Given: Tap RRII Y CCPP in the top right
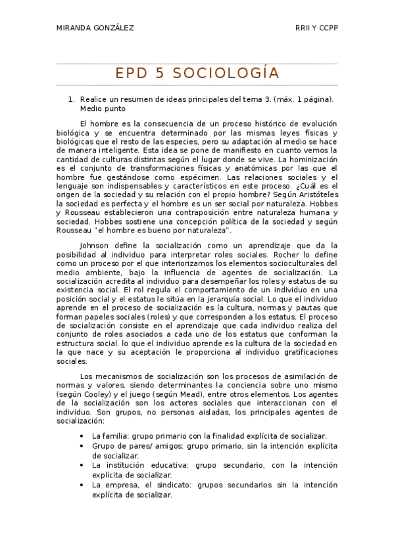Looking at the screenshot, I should pos(317,28).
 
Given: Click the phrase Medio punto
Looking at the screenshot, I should pos(103,109).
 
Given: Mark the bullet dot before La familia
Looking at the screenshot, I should pos(81,436).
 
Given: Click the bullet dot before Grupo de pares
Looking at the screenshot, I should pos(81,446).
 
